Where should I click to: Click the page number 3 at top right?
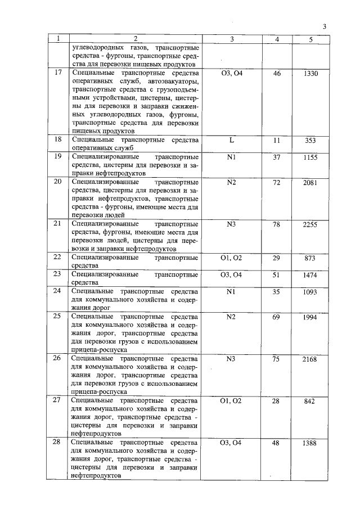click(x=325, y=26)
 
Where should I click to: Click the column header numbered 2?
click(x=136, y=39)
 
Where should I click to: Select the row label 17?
click(x=57, y=73)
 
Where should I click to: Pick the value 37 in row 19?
click(x=277, y=157)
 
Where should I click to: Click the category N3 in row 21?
click(x=232, y=224)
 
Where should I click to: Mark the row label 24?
click(x=57, y=291)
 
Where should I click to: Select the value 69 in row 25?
click(x=277, y=317)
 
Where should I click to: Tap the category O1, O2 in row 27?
click(x=232, y=400)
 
